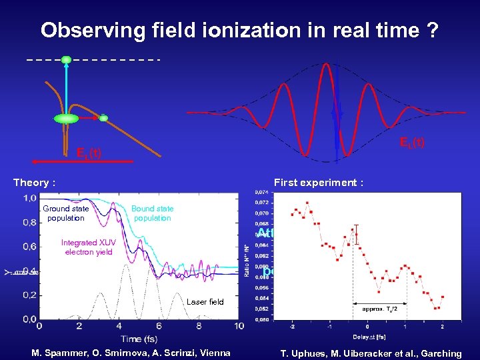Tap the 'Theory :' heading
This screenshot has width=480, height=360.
click(34, 182)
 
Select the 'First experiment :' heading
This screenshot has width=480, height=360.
click(318, 182)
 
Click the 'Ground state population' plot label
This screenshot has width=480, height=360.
click(66, 213)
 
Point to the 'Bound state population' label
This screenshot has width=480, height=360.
click(152, 213)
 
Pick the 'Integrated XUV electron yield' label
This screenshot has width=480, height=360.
click(88, 247)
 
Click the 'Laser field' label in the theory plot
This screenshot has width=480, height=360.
click(205, 302)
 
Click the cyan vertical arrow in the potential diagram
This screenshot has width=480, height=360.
click(66, 87)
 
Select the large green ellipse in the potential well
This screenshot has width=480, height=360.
click(66, 119)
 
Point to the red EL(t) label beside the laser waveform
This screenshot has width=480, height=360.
click(412, 141)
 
